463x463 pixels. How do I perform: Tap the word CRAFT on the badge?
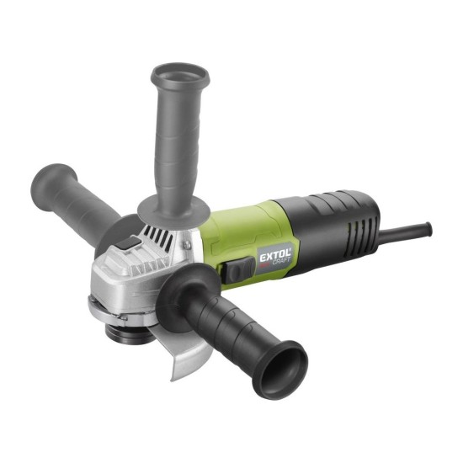click(281, 262)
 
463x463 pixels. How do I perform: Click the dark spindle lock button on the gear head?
click(128, 243)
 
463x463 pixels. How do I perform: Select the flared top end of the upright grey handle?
click(180, 76)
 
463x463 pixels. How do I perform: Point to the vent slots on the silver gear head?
click(158, 237)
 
